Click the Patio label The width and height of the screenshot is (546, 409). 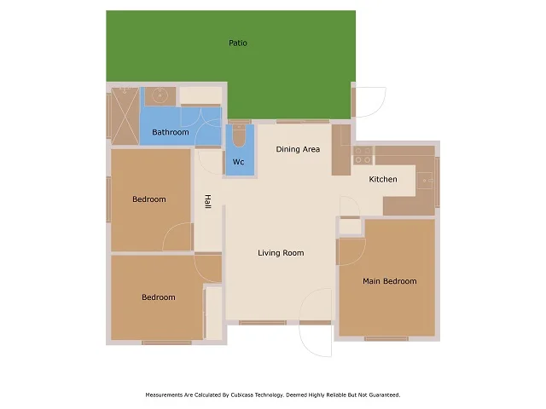[x=238, y=43]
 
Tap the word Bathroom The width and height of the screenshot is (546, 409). [x=171, y=132]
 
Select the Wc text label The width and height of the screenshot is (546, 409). [x=239, y=162]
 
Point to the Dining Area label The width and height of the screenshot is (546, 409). [x=298, y=149]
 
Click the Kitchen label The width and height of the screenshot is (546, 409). [x=383, y=179]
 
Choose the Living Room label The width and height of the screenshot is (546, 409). [x=281, y=253]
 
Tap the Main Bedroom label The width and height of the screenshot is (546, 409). [x=389, y=281]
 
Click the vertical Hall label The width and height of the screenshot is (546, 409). [x=207, y=202]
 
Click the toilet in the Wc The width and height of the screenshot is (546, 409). [x=239, y=136]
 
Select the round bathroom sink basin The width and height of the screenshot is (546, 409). [x=158, y=95]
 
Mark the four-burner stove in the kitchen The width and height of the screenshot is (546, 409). [x=363, y=155]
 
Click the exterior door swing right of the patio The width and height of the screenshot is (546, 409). [x=369, y=101]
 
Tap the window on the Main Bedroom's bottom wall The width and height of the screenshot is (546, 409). [x=386, y=338]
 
